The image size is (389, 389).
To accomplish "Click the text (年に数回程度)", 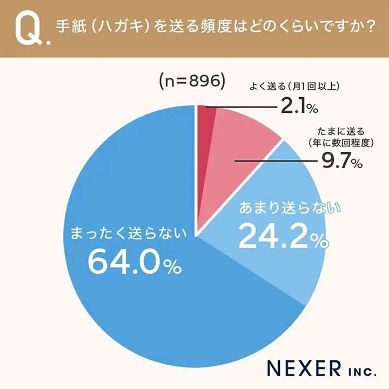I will [x=337, y=143].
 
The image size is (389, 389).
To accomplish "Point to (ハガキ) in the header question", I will [x=111, y=27].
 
